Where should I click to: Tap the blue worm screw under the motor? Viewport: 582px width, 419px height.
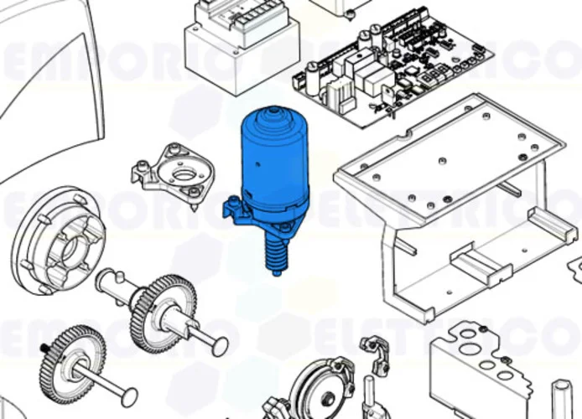274,251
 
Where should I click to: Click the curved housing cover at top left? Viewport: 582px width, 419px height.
50,84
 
